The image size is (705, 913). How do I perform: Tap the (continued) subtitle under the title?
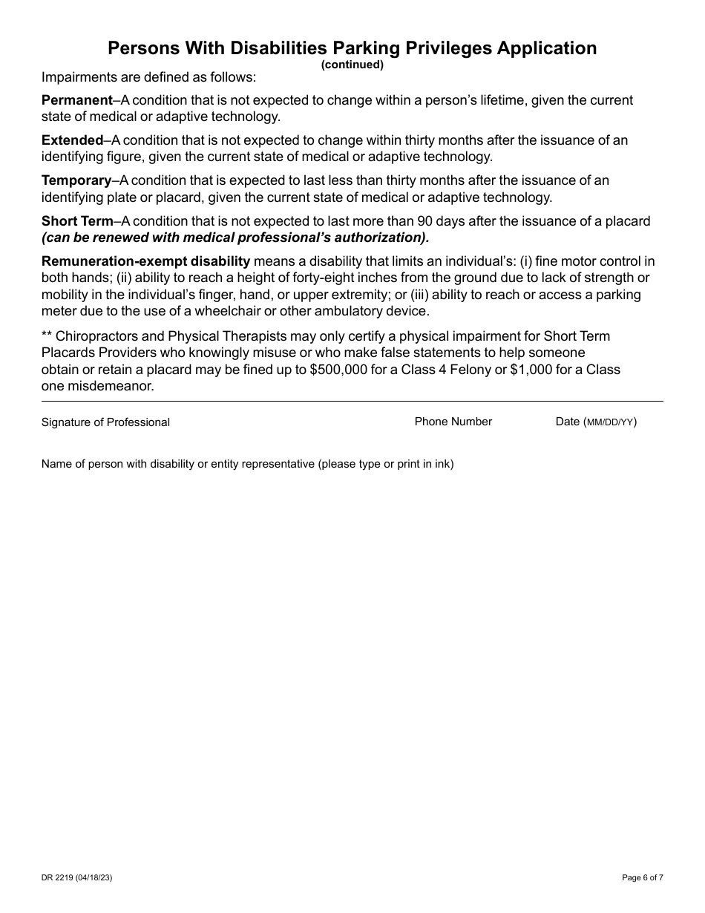tap(352, 65)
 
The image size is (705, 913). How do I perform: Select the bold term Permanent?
tap(76, 100)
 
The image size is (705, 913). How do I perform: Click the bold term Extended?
tap(72, 140)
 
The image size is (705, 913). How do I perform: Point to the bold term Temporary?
tap(76, 180)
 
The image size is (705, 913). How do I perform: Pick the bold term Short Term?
tap(77, 221)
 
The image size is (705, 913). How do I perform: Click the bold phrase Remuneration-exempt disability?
tap(145, 261)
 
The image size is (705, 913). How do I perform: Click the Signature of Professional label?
tap(105, 422)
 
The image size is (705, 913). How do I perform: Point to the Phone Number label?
tap(453, 422)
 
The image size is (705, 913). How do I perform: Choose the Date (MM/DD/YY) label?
tap(596, 422)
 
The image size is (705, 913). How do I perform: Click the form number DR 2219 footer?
tap(77, 877)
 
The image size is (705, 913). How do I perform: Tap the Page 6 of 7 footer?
tap(643, 877)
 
